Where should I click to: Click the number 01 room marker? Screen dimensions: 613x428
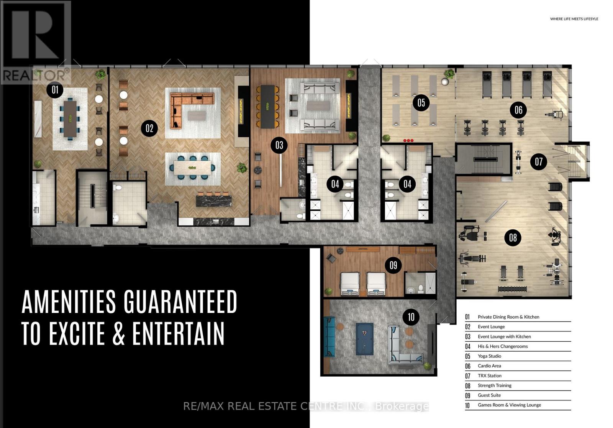pos(55,90)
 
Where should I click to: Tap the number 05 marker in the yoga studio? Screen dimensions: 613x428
pos(421,103)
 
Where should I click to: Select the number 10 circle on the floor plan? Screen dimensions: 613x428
pos(411,317)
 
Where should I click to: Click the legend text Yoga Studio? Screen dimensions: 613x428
pos(489,356)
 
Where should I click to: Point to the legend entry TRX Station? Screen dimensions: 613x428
pos(490,376)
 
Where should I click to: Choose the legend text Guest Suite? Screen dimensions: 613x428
pos(489,395)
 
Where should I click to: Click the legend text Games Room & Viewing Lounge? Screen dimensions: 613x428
pos(509,405)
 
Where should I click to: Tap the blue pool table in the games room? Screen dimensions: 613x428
pos(364,339)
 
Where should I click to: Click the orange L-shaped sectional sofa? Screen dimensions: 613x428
pos(192,110)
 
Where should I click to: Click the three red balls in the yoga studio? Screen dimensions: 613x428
pos(408,141)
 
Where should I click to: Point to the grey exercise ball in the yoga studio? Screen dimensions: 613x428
pos(445,82)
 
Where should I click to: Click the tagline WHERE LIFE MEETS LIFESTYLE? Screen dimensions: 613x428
pos(574,19)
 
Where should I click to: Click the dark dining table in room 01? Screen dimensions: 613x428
pos(70,119)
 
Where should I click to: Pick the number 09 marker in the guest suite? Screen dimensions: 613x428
pos(393,265)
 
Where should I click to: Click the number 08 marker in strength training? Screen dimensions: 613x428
pos(513,237)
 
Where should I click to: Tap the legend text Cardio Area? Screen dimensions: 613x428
pos(489,366)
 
